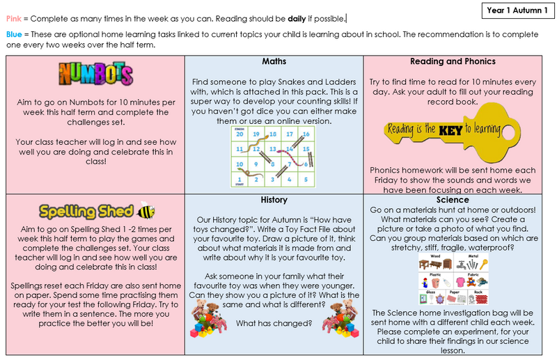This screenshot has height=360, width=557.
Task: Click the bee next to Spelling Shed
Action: (146, 210)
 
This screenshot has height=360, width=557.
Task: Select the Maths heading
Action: (274, 61)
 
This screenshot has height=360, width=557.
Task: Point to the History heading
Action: (274, 200)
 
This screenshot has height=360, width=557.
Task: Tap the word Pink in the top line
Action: (15, 19)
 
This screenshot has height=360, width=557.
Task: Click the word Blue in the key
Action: (15, 35)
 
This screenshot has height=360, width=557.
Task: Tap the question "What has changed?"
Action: (274, 322)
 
